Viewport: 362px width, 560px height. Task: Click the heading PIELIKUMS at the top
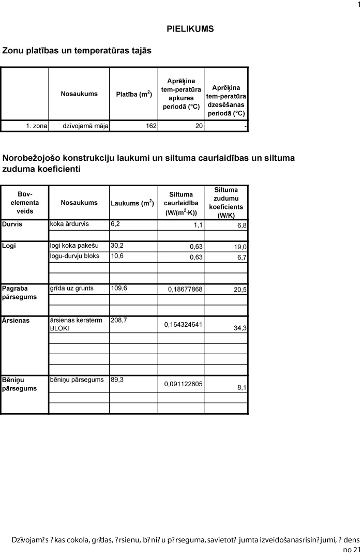pos(190,29)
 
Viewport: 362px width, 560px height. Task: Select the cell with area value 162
pos(151,126)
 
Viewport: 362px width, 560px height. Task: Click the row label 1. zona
pos(36,126)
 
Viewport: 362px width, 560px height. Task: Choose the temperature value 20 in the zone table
pos(199,126)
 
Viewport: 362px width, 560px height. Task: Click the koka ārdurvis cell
pos(69,224)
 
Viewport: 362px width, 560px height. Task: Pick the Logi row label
pos(9,246)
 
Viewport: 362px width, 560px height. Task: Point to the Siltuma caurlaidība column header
pos(180,203)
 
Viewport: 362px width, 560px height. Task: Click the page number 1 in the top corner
pos(359,5)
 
